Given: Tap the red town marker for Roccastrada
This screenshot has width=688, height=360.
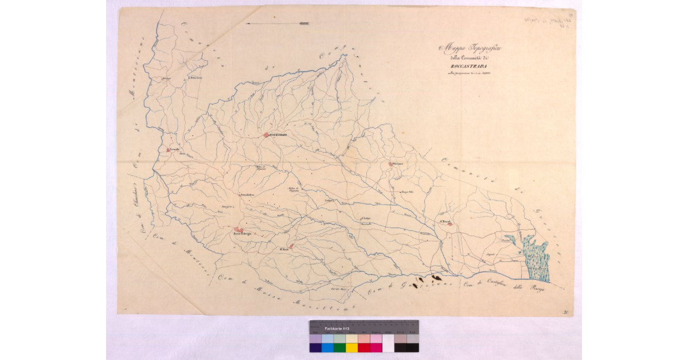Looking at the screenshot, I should click(266, 135).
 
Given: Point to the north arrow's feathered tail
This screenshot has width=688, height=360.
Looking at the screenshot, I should click(303, 24).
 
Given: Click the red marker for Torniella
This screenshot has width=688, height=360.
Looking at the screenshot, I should click(168, 150).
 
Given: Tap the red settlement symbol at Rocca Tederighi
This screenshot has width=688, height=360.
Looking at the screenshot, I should click(237, 229).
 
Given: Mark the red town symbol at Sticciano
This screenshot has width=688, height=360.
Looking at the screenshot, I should click(390, 163).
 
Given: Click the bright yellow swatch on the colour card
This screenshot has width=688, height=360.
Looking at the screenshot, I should click(351, 347).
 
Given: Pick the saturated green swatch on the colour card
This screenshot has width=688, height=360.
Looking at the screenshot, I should click(339, 347).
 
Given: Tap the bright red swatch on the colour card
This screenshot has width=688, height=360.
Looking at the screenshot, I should click(363, 347).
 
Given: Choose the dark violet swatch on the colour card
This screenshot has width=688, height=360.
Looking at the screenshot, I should click(315, 347).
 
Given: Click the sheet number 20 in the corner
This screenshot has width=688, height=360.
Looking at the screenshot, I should click(565, 312).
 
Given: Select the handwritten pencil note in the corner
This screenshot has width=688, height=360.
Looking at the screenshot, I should click(545, 21).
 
